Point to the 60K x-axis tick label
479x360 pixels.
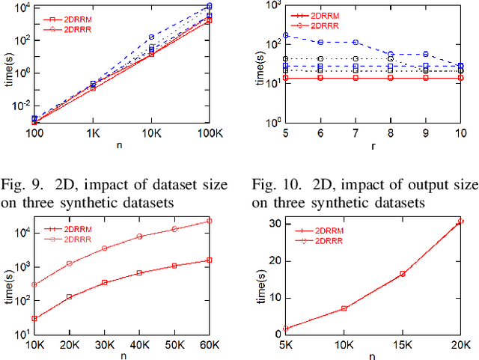[x=209, y=344]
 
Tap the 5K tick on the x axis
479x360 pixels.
[x=286, y=344]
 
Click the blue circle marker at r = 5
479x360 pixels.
[x=285, y=36]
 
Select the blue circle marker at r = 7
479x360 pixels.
[x=355, y=43]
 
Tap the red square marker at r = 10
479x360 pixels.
[x=460, y=78]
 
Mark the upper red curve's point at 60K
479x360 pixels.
[x=209, y=221]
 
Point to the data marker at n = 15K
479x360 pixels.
[x=402, y=274]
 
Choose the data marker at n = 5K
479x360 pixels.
[x=286, y=329]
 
